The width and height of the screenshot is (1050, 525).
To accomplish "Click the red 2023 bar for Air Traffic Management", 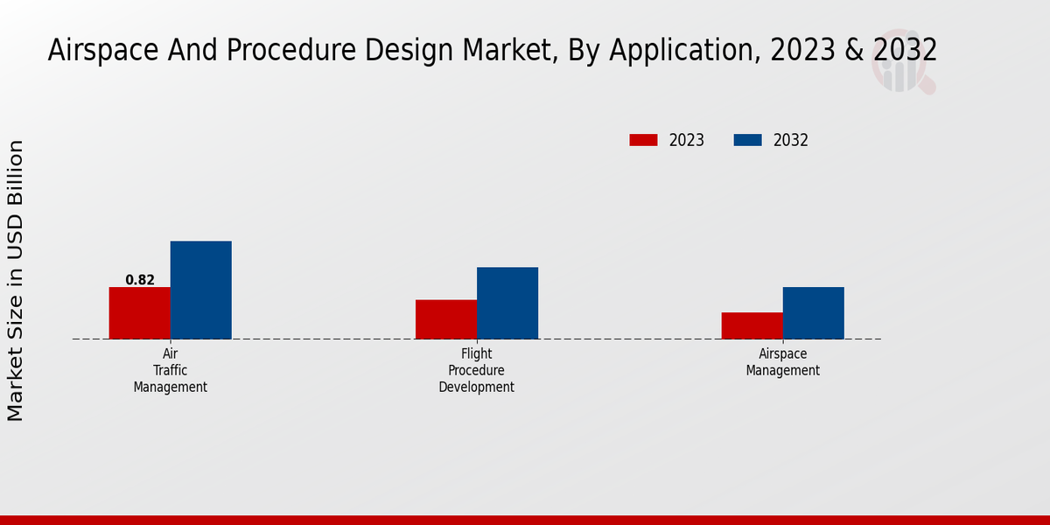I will [139, 312].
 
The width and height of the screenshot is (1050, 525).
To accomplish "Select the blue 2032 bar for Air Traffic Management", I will [200, 290].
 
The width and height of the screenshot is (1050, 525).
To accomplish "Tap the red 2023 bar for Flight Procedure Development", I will [445, 319].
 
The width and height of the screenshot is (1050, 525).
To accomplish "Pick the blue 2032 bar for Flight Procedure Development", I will [507, 303].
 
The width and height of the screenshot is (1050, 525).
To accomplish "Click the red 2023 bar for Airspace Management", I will [752, 325].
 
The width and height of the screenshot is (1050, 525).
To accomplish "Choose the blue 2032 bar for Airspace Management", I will [813, 312].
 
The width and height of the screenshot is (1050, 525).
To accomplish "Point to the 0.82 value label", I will [140, 280].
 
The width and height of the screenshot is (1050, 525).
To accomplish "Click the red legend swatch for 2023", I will [643, 140].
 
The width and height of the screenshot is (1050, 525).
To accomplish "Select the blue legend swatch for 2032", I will [747, 140].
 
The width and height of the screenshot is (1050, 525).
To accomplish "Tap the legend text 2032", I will [791, 140].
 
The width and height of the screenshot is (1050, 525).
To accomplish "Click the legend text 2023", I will [687, 140].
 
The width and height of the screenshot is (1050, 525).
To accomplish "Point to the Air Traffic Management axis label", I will [171, 370].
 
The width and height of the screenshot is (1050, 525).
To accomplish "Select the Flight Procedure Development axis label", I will [476, 370].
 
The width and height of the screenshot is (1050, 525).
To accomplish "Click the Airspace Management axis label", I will [782, 361].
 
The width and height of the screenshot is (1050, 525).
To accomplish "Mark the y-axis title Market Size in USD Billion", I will [16, 280].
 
